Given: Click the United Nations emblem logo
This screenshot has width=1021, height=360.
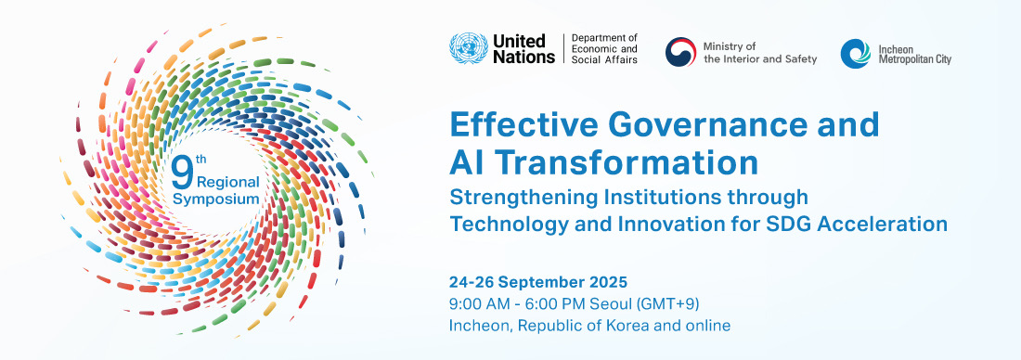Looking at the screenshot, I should (467, 49).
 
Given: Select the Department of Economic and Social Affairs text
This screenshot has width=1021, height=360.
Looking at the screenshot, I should (604, 49).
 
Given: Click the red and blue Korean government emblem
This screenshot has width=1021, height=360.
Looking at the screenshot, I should (680, 52).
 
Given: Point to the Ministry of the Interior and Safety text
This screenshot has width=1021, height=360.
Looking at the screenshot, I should (760, 53).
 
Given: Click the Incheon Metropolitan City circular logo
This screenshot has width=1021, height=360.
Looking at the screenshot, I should (855, 53).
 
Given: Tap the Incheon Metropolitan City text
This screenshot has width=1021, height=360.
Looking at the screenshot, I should (914, 54).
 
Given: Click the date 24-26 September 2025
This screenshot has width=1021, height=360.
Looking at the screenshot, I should (538, 282).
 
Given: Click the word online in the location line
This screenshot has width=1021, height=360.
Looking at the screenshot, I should (708, 326).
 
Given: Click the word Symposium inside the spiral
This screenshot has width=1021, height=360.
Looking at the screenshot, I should (216, 198).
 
